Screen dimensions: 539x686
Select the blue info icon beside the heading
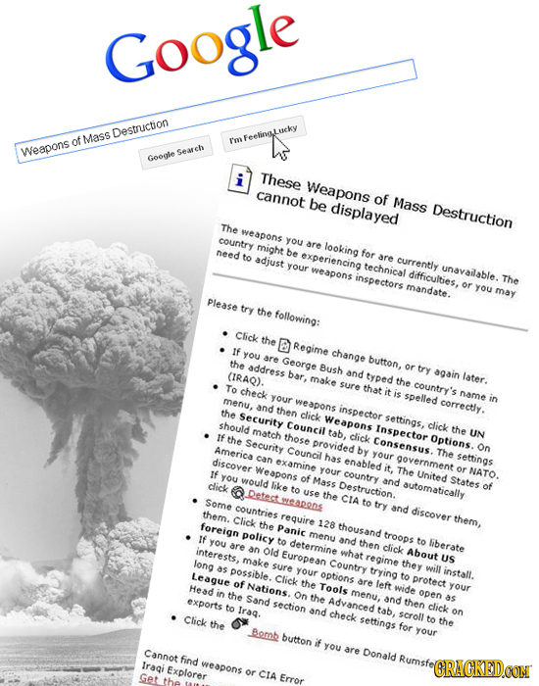click(236, 181)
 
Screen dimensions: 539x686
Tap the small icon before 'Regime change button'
click(281, 340)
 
